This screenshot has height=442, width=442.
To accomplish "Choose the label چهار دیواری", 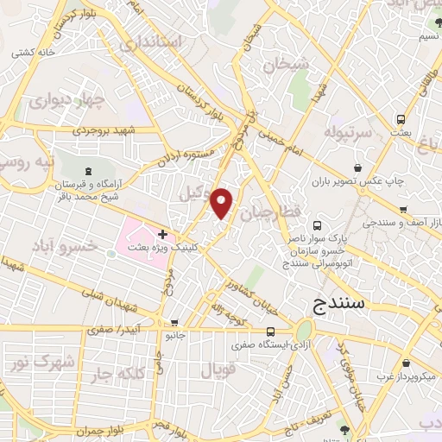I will click(66, 100).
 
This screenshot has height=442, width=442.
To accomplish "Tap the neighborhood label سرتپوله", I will click(347, 132).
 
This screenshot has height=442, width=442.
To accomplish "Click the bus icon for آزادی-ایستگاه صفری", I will click(271, 331).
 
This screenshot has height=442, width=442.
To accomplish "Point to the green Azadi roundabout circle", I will click(305, 331).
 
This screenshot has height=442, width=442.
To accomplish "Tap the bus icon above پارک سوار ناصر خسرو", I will click(315, 224).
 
